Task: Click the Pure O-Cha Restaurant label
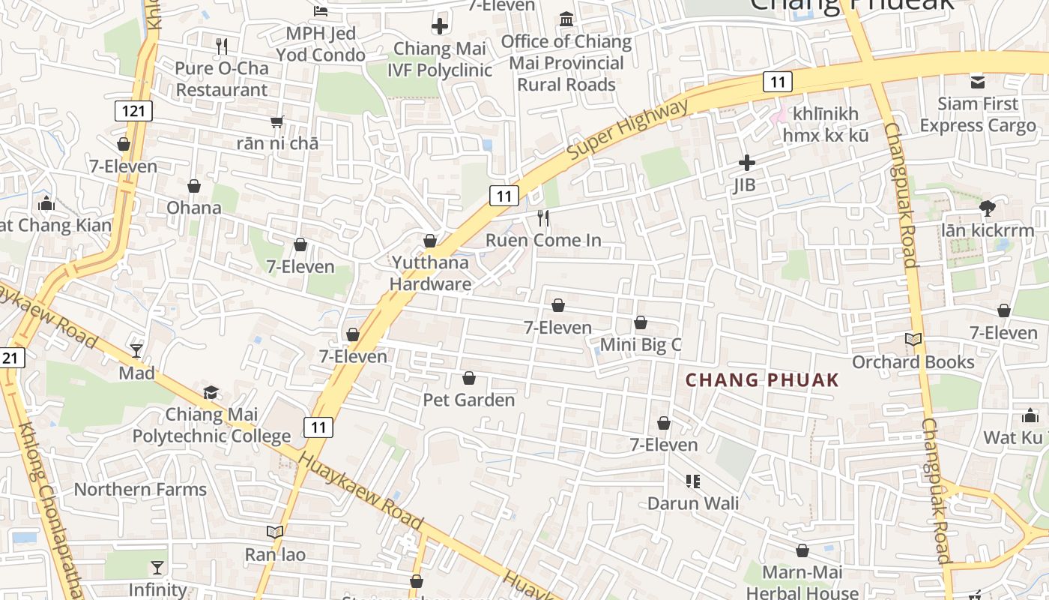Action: click(x=221, y=79)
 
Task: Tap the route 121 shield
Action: click(x=134, y=112)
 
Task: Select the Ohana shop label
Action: click(x=194, y=207)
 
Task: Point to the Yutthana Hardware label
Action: click(x=430, y=273)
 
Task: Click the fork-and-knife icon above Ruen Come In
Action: click(x=543, y=218)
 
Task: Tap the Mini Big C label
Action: click(x=641, y=345)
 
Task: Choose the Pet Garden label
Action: click(x=469, y=400)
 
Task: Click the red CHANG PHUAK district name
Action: click(x=762, y=380)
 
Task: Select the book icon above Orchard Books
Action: click(x=913, y=340)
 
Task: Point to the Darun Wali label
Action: click(x=693, y=503)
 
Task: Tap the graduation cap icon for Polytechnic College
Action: click(x=211, y=392)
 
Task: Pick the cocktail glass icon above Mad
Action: click(x=136, y=350)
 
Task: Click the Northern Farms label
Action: click(x=140, y=490)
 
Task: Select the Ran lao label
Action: click(x=275, y=555)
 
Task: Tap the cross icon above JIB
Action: click(x=747, y=162)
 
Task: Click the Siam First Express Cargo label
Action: click(x=978, y=114)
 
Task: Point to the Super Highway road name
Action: click(x=628, y=129)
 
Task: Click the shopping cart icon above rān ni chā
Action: click(x=277, y=121)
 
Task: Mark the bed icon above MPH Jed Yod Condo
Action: click(x=321, y=10)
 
